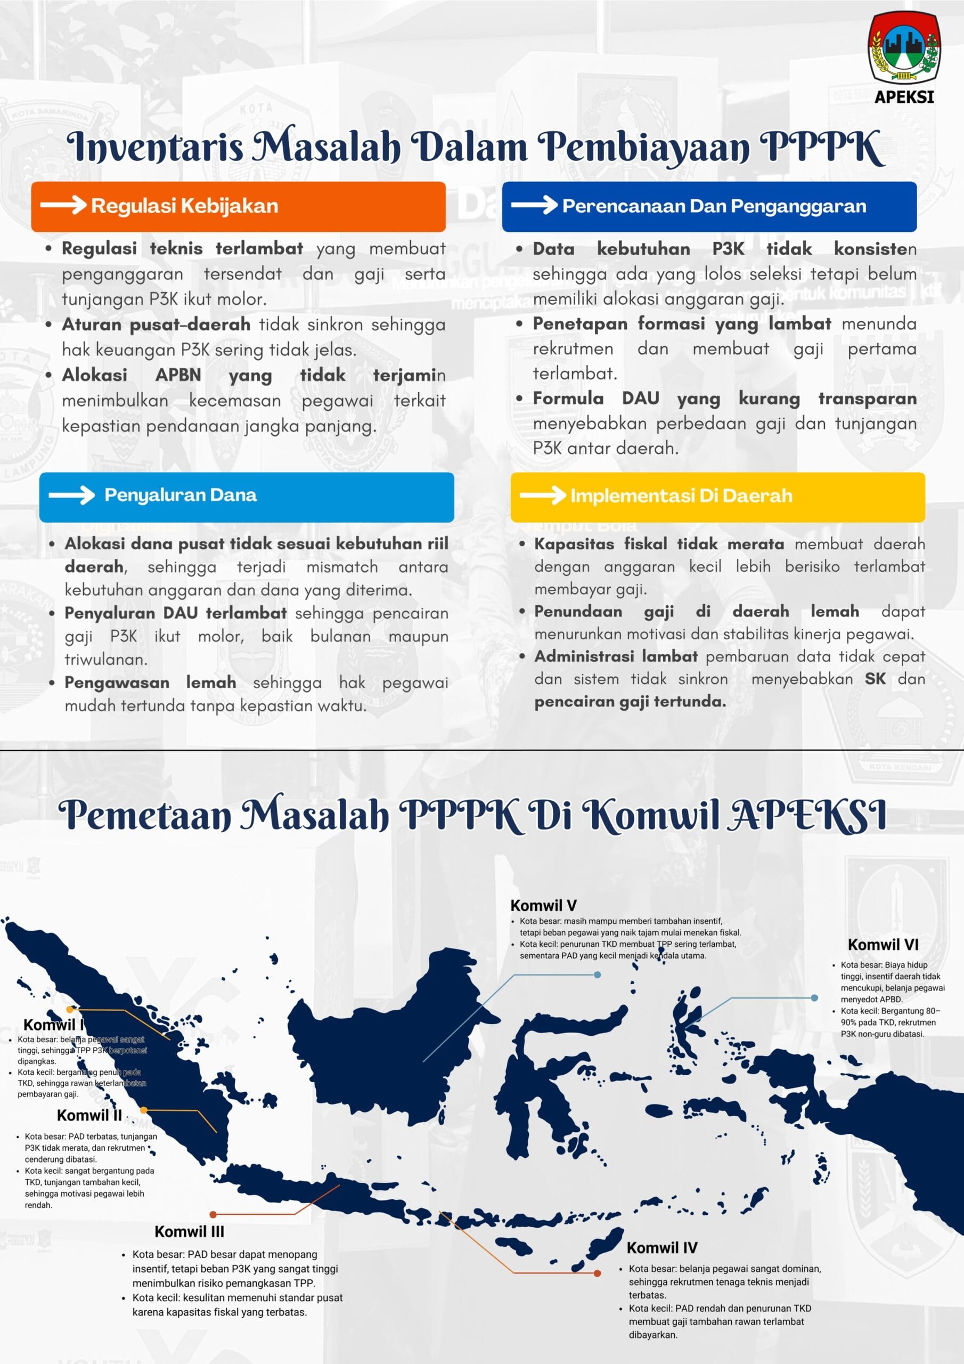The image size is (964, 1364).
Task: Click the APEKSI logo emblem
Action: [903, 47]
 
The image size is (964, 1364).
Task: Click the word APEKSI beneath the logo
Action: [904, 97]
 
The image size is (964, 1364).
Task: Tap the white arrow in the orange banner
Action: [63, 205]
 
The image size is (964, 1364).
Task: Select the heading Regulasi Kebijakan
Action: [184, 206]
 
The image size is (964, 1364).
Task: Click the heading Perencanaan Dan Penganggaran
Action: [714, 206]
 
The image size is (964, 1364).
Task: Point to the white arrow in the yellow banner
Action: [542, 495]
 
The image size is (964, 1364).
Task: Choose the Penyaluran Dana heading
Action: [181, 495]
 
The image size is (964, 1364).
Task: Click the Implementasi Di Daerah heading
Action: [681, 496]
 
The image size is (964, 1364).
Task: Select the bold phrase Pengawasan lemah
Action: [150, 683]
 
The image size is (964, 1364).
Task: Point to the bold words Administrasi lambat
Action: [616, 656]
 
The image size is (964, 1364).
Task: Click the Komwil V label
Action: [543, 905]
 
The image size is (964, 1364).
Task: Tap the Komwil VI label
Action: [883, 945]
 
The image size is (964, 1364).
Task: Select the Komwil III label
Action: [190, 1231]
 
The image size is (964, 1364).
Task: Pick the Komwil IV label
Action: [661, 1247]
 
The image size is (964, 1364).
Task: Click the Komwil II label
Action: [89, 1115]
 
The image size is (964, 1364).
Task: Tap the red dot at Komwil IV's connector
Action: [598, 1273]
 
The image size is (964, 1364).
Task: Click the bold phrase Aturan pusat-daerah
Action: [156, 325]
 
